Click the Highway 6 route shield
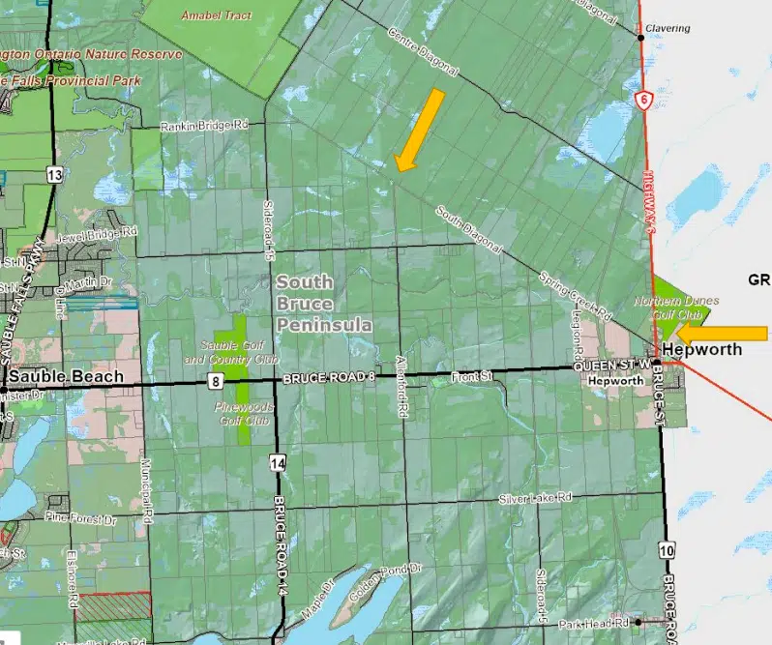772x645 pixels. (x=642, y=99)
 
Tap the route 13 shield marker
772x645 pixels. (x=53, y=174)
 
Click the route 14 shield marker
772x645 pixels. (x=279, y=464)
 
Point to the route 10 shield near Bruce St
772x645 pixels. (x=668, y=550)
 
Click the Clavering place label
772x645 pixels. (x=668, y=29)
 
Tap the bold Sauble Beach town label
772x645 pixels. (x=67, y=376)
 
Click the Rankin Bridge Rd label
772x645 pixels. (x=204, y=126)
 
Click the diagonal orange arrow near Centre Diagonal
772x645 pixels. (x=420, y=130)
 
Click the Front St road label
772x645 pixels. (x=472, y=378)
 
